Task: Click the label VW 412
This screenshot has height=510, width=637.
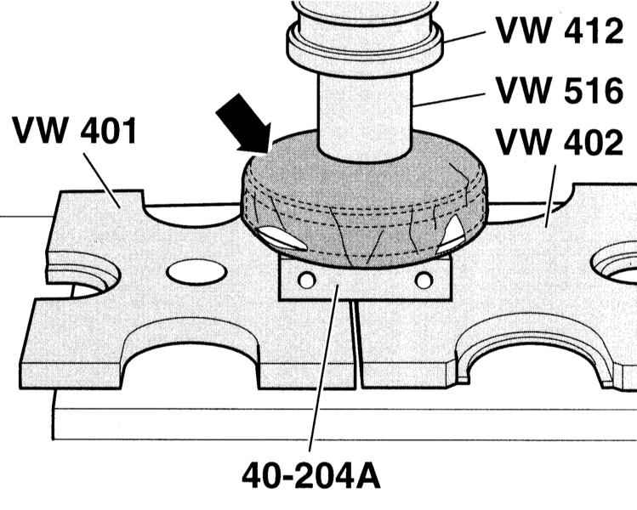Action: [560, 31]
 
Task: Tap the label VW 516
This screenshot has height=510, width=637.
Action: [560, 90]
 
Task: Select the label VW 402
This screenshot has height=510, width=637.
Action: [560, 142]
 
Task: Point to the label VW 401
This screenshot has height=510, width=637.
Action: [74, 130]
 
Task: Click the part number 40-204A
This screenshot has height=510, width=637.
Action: [311, 475]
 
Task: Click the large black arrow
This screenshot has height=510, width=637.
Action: [244, 124]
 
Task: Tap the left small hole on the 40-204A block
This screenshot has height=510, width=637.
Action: [307, 280]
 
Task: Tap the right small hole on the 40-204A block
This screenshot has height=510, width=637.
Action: [424, 280]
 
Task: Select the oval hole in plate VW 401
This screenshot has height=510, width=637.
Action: [196, 272]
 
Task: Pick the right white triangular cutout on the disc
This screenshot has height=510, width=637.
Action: [451, 234]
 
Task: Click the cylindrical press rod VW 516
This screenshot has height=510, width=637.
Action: [364, 118]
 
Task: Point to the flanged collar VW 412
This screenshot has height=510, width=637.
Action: [364, 45]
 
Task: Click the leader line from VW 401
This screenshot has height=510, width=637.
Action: [101, 180]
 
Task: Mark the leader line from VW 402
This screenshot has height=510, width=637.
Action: [550, 196]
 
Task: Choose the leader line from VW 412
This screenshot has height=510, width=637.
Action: [464, 37]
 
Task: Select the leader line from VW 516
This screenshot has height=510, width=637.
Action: [448, 99]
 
